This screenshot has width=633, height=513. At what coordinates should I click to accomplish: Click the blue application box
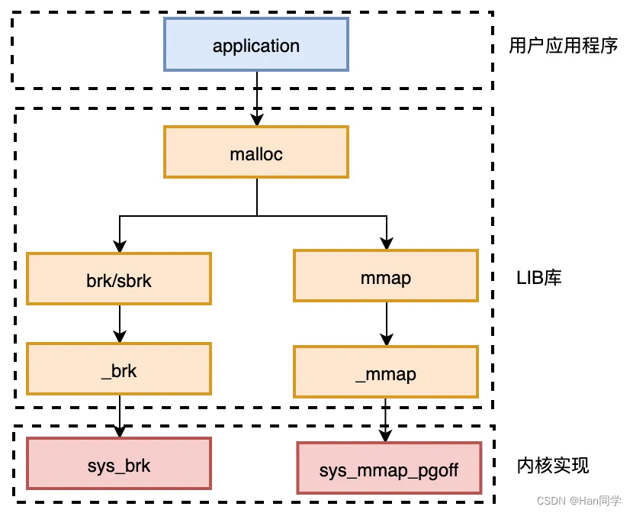(x=256, y=44)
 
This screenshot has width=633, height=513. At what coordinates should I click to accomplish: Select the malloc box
(x=256, y=152)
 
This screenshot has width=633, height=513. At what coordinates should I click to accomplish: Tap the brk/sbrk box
(x=119, y=279)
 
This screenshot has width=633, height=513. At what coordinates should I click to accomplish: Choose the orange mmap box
(x=386, y=276)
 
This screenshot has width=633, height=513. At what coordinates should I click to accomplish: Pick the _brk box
(x=119, y=369)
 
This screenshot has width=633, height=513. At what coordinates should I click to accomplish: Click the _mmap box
(x=386, y=372)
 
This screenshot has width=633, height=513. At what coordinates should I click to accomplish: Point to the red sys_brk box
(x=119, y=463)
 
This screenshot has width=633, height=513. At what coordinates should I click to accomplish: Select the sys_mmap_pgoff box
(x=389, y=468)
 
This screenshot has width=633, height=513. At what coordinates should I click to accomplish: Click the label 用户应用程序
(x=563, y=45)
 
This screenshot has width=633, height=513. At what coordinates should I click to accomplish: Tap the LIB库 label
(x=539, y=278)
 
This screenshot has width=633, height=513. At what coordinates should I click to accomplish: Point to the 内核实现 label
(x=553, y=466)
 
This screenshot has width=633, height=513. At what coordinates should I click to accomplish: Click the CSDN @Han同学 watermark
(x=579, y=501)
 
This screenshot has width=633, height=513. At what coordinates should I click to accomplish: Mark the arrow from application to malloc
(x=257, y=99)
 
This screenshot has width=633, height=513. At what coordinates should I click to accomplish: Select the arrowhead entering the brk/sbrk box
(x=120, y=247)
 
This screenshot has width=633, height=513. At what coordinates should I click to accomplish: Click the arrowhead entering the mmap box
(x=387, y=244)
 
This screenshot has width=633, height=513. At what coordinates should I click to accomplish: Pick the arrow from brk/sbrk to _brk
(x=120, y=324)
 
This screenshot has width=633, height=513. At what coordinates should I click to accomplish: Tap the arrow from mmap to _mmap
(x=387, y=324)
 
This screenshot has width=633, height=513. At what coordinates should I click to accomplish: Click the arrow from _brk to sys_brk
(x=120, y=416)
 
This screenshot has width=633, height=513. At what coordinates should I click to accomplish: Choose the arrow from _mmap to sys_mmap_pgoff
(x=386, y=420)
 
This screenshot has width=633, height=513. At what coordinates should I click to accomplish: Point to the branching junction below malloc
(x=257, y=216)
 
